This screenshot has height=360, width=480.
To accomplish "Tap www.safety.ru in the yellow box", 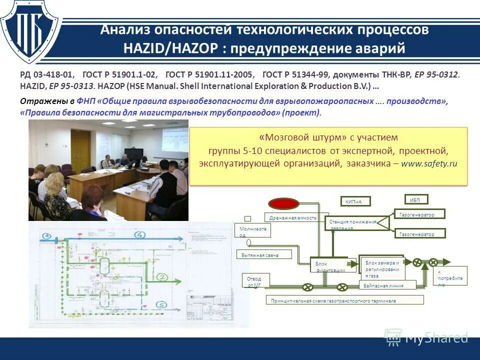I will (x=429, y=163).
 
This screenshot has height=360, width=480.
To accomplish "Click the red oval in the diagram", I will (x=283, y=203).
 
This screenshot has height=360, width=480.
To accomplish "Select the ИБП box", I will (x=415, y=199).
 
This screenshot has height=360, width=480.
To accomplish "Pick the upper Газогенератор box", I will (x=419, y=214).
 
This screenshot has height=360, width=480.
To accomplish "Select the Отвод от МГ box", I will (x=257, y=280).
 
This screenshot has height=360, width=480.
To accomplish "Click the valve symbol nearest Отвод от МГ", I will (x=308, y=287).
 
